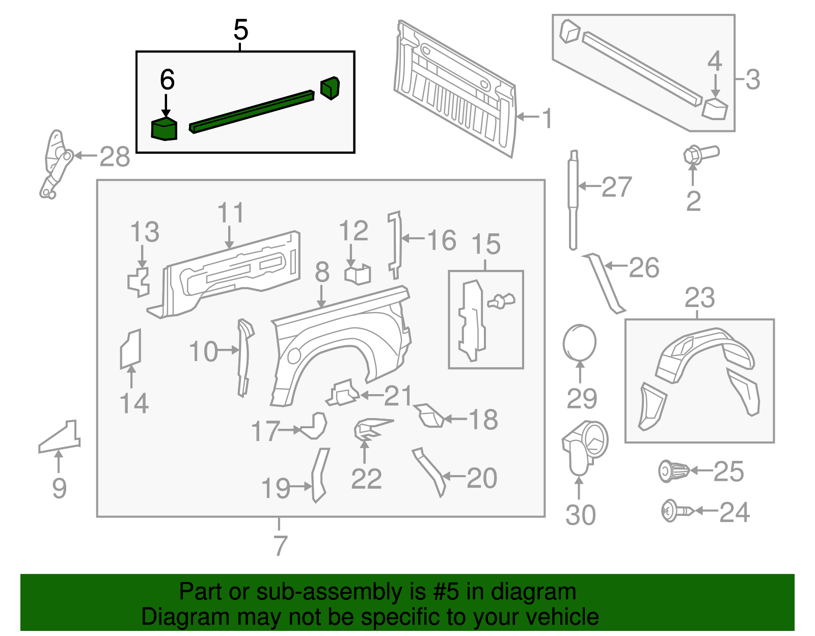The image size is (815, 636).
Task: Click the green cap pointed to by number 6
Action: coord(164,129)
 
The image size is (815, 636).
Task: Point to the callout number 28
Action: coord(115,157)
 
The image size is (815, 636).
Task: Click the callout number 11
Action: coord(231,212)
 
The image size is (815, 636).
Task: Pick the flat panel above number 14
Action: coord(130,349)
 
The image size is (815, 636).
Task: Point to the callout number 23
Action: coord(699,297)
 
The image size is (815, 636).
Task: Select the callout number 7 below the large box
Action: coord(280,546)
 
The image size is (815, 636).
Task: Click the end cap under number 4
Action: coord(715,108)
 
